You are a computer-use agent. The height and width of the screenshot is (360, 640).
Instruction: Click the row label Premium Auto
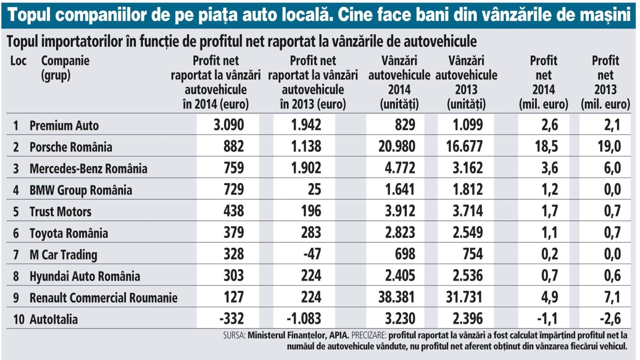[64, 126]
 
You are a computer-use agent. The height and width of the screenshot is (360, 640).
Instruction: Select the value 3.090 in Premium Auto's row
[228, 125]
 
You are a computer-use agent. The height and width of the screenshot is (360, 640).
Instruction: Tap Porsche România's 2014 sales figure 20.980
[396, 146]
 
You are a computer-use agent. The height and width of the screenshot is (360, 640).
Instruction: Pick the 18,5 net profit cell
[546, 146]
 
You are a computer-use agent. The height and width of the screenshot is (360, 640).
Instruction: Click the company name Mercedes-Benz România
[88, 168]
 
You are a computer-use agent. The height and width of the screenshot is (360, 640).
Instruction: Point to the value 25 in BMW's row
[314, 190]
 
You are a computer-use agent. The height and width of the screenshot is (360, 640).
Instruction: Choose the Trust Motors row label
[60, 212]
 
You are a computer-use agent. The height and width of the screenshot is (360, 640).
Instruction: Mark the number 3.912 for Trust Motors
[400, 211]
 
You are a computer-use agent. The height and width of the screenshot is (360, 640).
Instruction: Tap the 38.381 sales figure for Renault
[396, 297]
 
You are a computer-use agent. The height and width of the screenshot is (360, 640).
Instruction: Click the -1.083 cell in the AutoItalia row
[304, 319]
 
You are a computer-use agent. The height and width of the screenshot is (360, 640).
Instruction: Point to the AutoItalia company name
[54, 319]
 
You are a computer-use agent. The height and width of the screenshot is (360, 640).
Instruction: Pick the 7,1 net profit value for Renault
[612, 297]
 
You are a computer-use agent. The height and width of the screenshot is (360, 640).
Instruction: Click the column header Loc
[18, 61]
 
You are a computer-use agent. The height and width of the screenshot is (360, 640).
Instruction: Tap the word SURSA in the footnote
[234, 335]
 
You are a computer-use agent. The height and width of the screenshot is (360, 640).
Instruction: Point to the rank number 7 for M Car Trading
[16, 254]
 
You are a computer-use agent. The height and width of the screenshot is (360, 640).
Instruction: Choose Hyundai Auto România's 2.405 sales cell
[400, 276]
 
